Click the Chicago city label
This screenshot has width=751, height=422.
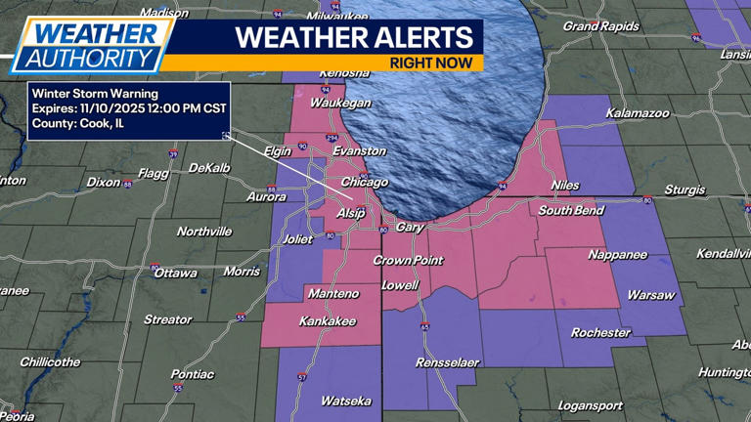(x=364, y=182)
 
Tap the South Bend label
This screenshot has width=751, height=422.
(x=569, y=210)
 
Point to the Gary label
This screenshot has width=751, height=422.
(x=410, y=228)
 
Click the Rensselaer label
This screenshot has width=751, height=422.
(x=447, y=362)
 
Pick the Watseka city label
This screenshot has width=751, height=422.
(x=346, y=401)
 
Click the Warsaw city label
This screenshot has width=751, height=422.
(x=650, y=295)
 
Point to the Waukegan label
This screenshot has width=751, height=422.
(x=340, y=103)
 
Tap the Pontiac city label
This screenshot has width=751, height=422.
(x=192, y=374)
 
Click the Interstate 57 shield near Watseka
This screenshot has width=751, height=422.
(x=301, y=377)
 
